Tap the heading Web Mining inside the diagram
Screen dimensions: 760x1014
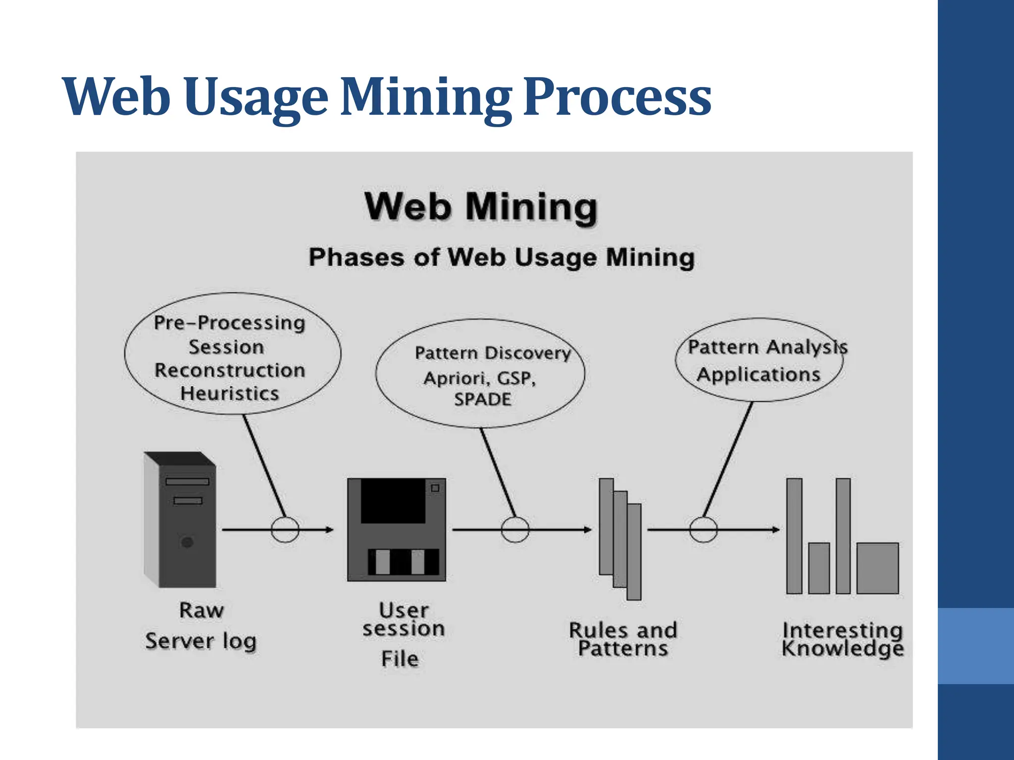point(481,207)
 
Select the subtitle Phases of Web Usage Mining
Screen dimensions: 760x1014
point(502,258)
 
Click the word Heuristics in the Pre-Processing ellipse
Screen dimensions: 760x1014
point(230,394)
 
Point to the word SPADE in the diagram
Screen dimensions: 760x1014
point(483,399)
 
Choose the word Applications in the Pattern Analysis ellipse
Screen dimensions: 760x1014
point(759,375)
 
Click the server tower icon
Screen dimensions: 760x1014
point(180,520)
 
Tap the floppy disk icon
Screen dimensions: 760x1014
point(397,529)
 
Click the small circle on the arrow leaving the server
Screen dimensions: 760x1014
point(285,529)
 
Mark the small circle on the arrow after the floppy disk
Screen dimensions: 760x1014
point(515,529)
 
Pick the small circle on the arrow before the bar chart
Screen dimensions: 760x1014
point(704,529)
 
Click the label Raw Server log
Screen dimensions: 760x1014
point(201,626)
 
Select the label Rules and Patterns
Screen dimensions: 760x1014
point(623,639)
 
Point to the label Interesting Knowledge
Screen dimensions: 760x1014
point(843,639)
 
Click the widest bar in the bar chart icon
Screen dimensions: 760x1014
point(877,568)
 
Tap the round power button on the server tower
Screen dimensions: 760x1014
point(187,542)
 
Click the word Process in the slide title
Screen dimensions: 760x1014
point(617,98)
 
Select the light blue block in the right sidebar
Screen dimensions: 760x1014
point(976,646)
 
